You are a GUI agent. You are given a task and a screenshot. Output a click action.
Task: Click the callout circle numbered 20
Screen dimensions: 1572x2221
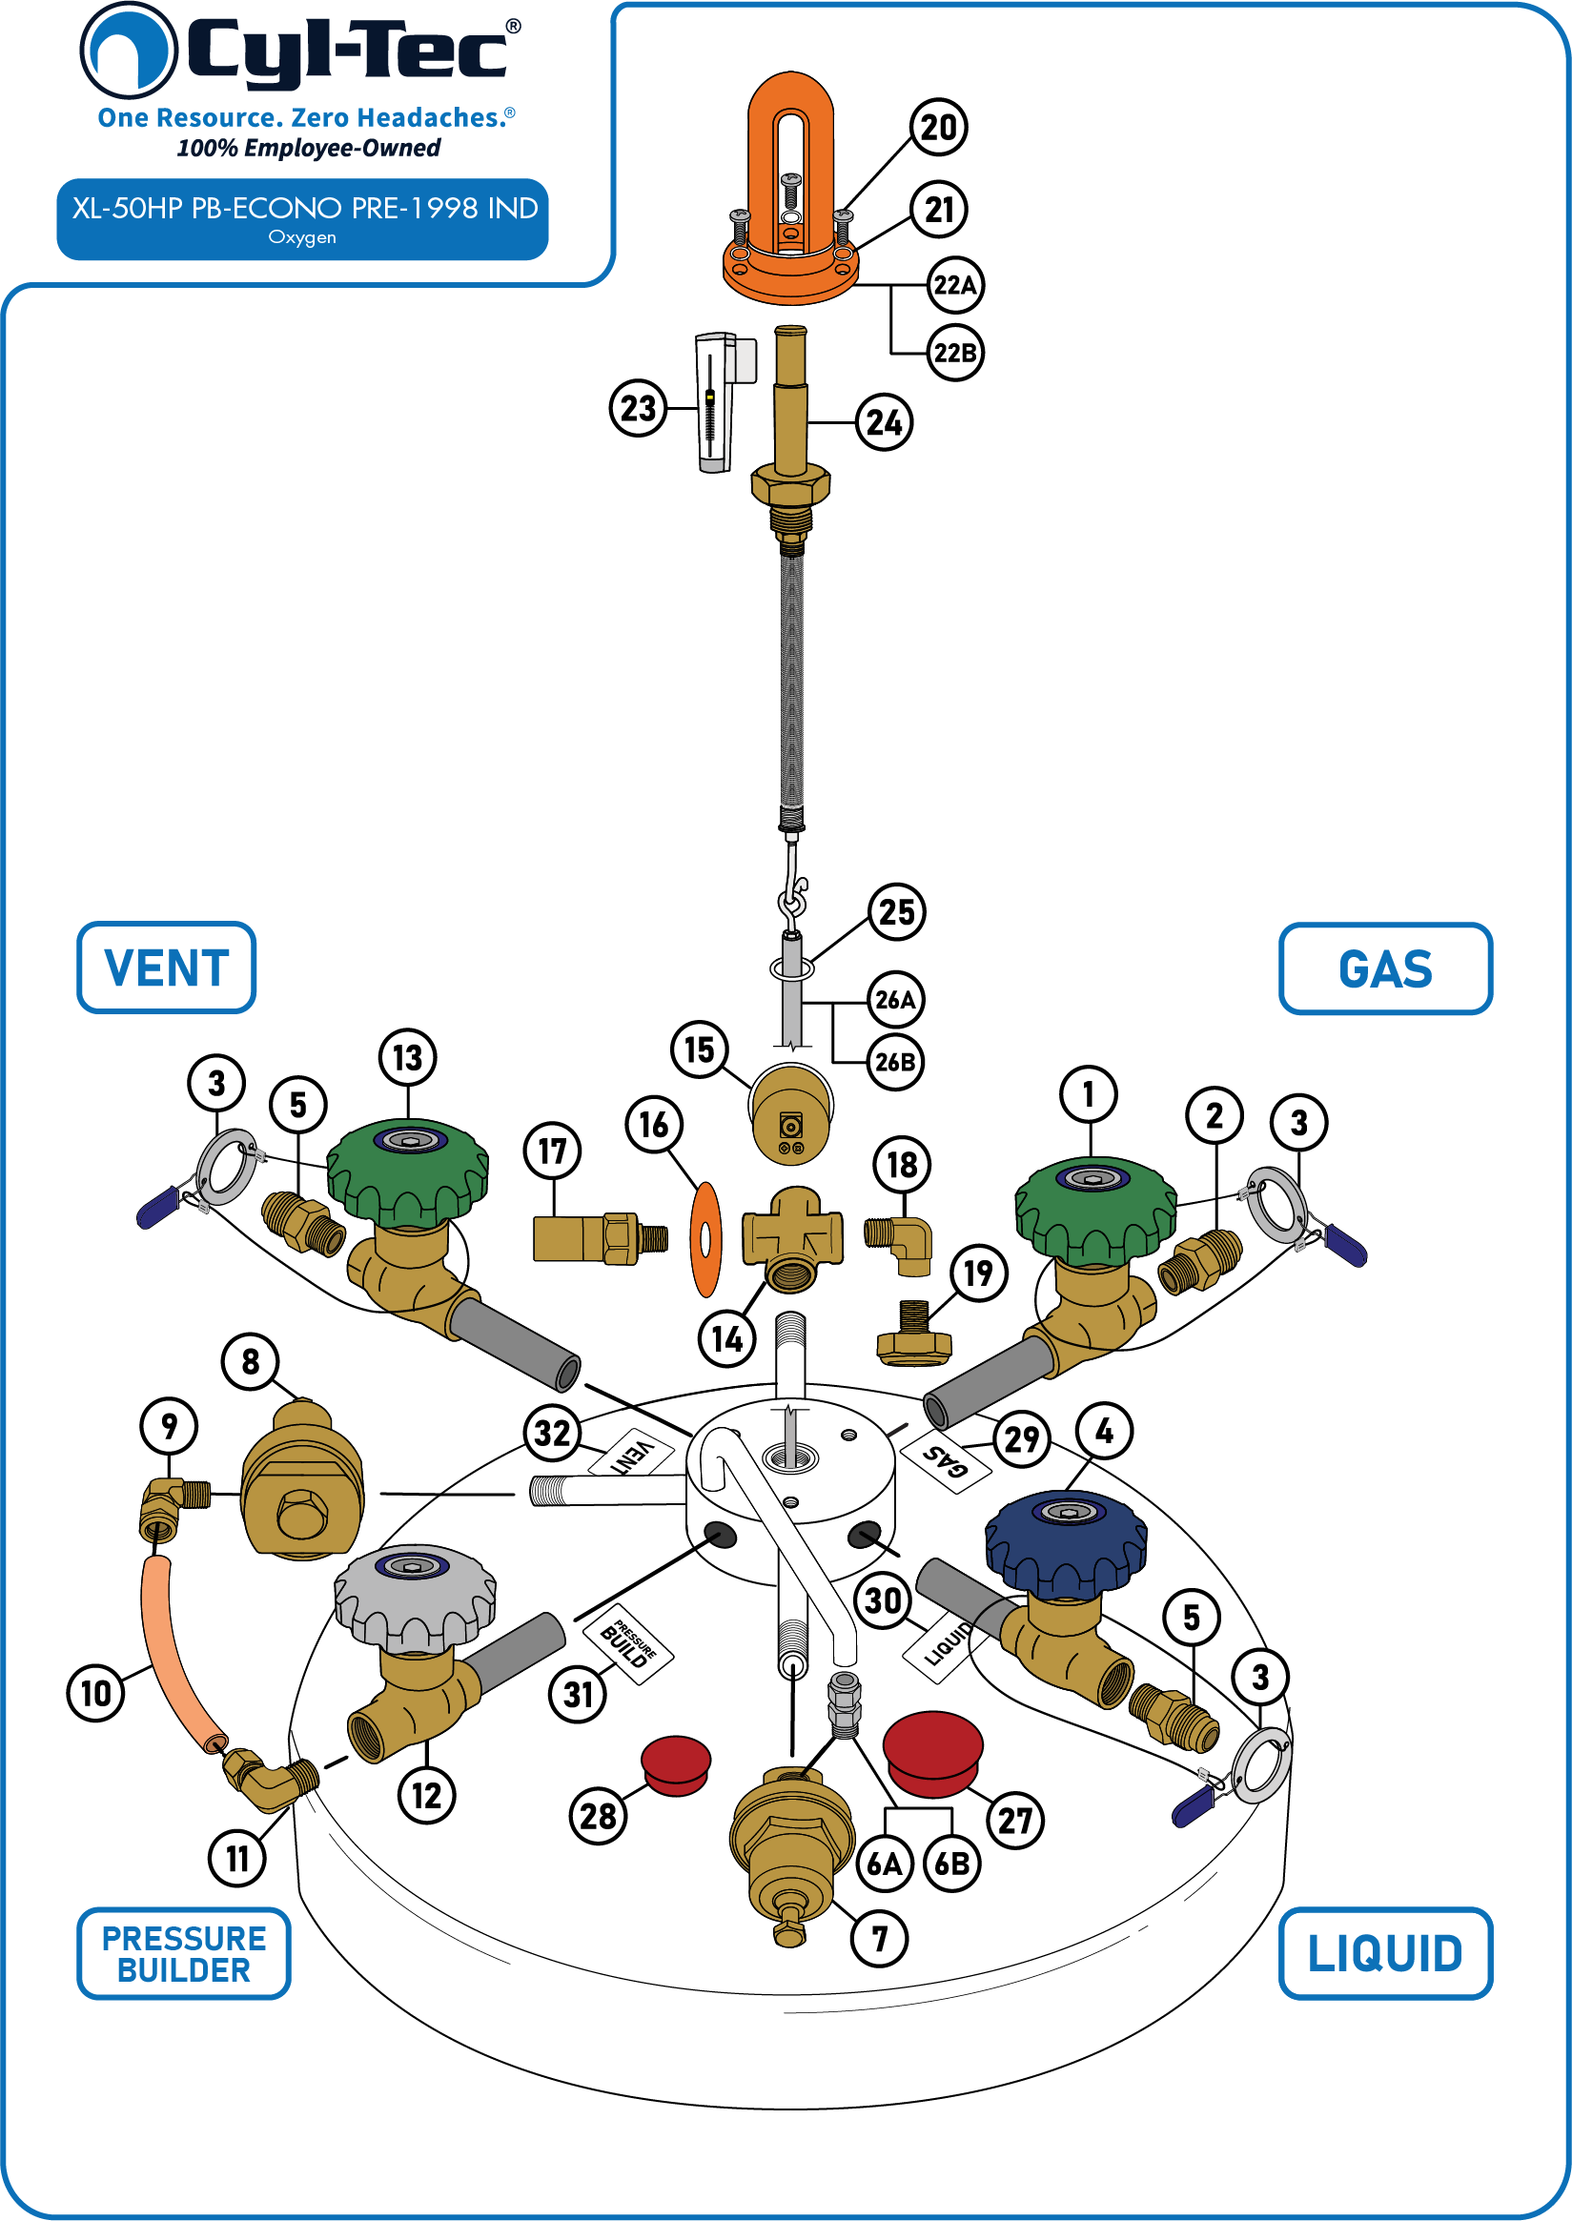[938, 128]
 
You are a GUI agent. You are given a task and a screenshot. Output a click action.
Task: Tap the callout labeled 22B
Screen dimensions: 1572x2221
[954, 353]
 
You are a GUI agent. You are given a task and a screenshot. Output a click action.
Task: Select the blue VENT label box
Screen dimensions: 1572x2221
[167, 968]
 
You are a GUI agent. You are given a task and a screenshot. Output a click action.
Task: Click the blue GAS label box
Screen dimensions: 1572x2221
[1385, 968]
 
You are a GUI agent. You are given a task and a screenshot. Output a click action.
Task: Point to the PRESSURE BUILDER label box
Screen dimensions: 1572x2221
[184, 1953]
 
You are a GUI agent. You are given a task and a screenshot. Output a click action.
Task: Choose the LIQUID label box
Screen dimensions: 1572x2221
[1385, 1953]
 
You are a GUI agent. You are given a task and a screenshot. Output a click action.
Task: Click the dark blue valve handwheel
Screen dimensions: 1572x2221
[1066, 1542]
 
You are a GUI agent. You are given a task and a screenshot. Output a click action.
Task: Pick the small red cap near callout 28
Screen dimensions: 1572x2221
[676, 1765]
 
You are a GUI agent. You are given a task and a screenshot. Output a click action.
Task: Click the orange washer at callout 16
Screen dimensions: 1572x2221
[705, 1239]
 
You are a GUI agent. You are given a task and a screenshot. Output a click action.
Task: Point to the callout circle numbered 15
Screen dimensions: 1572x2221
[699, 1049]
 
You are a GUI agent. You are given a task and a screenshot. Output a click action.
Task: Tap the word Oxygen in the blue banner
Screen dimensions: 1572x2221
[302, 237]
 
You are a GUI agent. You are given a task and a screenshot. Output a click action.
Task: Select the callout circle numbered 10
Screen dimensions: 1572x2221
[96, 1694]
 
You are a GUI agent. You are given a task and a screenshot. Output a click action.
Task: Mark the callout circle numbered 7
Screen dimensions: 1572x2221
[879, 1940]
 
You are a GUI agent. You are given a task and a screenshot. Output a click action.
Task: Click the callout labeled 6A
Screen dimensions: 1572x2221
[884, 1864]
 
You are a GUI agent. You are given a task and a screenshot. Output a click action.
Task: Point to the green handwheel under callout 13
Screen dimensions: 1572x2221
[407, 1172]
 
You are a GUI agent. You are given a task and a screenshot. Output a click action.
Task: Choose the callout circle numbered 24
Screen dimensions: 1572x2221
[884, 422]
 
